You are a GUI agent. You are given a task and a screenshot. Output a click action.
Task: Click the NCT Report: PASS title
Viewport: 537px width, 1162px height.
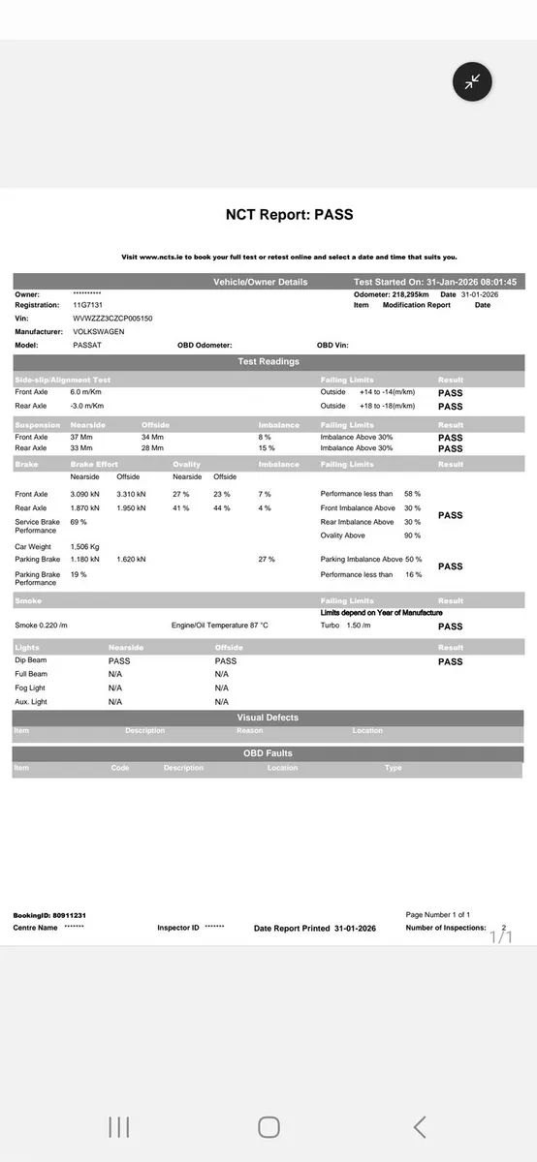click(289, 215)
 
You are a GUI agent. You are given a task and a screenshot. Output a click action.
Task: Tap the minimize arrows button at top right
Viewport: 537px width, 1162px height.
click(472, 82)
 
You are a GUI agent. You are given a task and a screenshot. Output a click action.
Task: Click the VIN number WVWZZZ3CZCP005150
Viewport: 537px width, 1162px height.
click(112, 318)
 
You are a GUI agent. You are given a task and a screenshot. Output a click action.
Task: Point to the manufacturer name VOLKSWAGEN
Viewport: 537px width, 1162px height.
click(99, 331)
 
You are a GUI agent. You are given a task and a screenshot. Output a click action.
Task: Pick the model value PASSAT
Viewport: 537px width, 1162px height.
click(88, 345)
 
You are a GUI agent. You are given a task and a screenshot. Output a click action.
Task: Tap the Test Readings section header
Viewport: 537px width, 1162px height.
click(268, 362)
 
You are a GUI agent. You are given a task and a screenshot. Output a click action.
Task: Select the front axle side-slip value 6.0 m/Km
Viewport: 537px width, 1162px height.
click(87, 392)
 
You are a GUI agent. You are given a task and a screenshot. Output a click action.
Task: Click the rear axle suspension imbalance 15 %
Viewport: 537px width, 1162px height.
click(266, 448)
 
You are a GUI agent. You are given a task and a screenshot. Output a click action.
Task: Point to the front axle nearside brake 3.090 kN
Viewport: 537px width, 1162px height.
click(87, 494)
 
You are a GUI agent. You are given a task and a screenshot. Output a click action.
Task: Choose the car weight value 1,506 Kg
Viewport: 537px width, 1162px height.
click(86, 546)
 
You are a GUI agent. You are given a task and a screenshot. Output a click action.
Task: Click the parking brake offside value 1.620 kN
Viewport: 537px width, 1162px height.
click(131, 559)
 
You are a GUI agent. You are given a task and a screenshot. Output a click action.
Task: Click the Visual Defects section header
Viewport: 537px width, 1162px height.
click(268, 718)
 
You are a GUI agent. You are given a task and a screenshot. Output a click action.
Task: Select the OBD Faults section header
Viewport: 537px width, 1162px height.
click(268, 753)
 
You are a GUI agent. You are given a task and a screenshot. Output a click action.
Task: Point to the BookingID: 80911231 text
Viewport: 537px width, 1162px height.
click(49, 915)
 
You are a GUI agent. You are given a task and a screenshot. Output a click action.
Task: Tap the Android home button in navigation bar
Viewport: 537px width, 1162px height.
click(268, 1126)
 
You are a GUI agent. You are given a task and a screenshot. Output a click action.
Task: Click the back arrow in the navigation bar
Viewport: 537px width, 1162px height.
click(419, 1126)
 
